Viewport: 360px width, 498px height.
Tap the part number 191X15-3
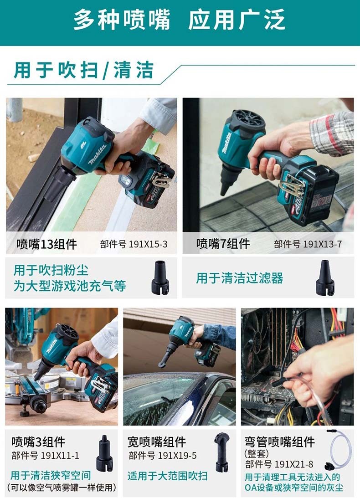148,244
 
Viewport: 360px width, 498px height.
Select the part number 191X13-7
322,244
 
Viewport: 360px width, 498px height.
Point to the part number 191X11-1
60,456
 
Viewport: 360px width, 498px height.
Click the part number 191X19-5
177,456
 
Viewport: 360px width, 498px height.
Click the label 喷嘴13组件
46,244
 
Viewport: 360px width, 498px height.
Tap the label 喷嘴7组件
223,244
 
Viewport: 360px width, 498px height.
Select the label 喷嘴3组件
38,442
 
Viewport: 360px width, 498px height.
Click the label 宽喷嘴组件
157,442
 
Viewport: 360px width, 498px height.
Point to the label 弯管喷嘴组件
280,442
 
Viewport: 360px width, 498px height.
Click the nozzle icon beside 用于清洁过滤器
325,278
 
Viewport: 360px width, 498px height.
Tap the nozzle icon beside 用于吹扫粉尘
160,277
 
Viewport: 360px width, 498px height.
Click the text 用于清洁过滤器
240,278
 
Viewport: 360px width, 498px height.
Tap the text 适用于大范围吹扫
167,476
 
